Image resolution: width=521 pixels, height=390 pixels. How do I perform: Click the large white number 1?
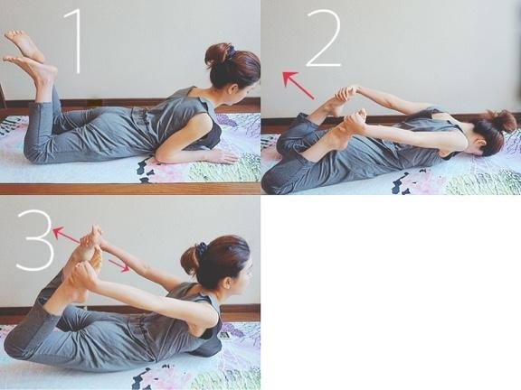point(77,41)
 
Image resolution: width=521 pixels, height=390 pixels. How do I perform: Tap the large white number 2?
point(324,38)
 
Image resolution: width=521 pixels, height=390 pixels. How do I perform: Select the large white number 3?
point(36,240)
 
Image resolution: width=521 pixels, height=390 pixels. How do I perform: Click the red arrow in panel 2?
point(298,85)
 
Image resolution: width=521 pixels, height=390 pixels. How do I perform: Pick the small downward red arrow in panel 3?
point(119,265)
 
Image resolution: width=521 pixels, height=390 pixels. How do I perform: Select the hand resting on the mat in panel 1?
point(223,157)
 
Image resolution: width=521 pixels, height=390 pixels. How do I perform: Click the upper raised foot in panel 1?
point(24,45)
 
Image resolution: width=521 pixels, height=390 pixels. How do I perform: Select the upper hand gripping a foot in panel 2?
point(346,93)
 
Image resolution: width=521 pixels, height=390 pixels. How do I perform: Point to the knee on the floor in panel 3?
point(16,345)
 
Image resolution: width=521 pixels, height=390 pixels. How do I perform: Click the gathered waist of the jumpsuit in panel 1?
point(142,118)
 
